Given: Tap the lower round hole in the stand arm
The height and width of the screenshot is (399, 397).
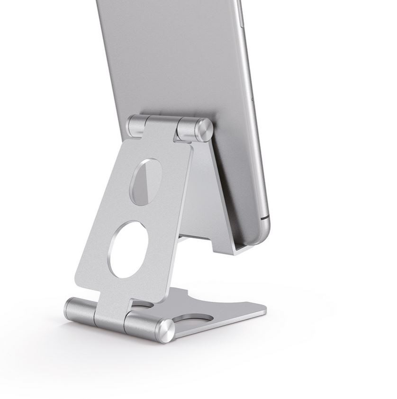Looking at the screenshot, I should point(128,249).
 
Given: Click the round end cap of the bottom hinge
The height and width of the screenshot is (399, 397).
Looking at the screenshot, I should point(165,331).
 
